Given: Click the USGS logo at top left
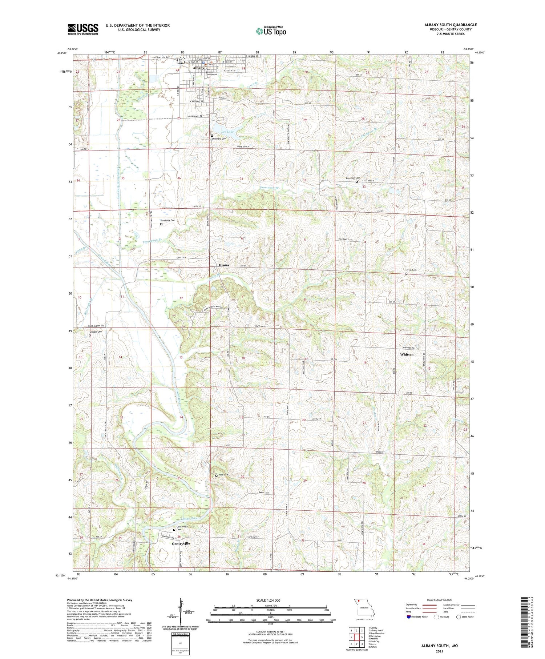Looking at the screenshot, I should click(83, 29).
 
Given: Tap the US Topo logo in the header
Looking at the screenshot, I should click(271, 31).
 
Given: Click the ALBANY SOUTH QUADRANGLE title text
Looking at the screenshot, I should click(450, 25).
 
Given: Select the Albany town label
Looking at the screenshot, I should click(198, 68).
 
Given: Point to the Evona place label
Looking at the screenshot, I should click(224, 265).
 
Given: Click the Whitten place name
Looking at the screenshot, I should click(406, 354).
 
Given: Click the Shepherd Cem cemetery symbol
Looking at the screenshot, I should click(212, 136).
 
